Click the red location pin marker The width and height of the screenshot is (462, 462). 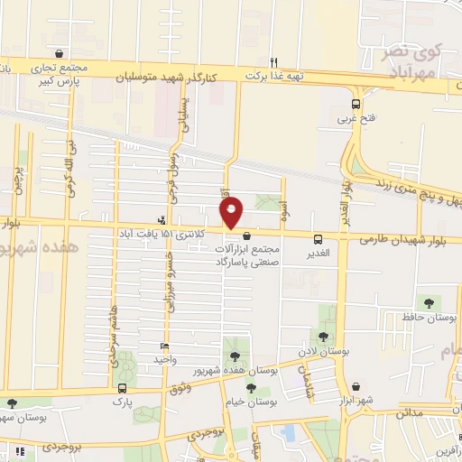click(232, 213)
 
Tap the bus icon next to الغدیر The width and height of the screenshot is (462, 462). click(318, 239)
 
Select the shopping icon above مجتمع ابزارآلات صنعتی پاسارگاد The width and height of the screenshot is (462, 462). click(246, 236)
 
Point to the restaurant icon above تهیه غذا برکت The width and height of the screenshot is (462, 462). click(285, 64)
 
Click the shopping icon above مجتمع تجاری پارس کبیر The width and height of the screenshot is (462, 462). click(59, 54)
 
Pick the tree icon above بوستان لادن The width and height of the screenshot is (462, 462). click(323, 337)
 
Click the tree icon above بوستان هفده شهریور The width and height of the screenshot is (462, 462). click(236, 356)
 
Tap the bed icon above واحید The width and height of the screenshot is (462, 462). click(163, 346)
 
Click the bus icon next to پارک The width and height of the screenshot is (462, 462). click(122, 389)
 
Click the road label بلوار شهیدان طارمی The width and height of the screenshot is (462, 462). click(398, 240)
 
